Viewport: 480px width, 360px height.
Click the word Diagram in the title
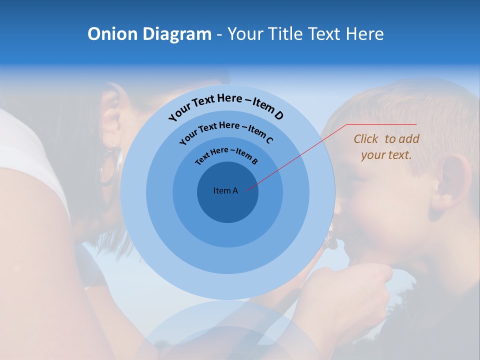pos(177,34)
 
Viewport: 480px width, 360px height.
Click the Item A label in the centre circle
pos(225,190)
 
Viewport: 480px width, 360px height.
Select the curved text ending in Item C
pos(226,132)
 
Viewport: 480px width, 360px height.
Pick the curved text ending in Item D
pos(226,105)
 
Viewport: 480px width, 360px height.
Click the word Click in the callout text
pos(366,139)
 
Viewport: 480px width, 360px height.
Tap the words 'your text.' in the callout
pos(386,155)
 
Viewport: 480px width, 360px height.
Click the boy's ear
pos(452,182)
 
